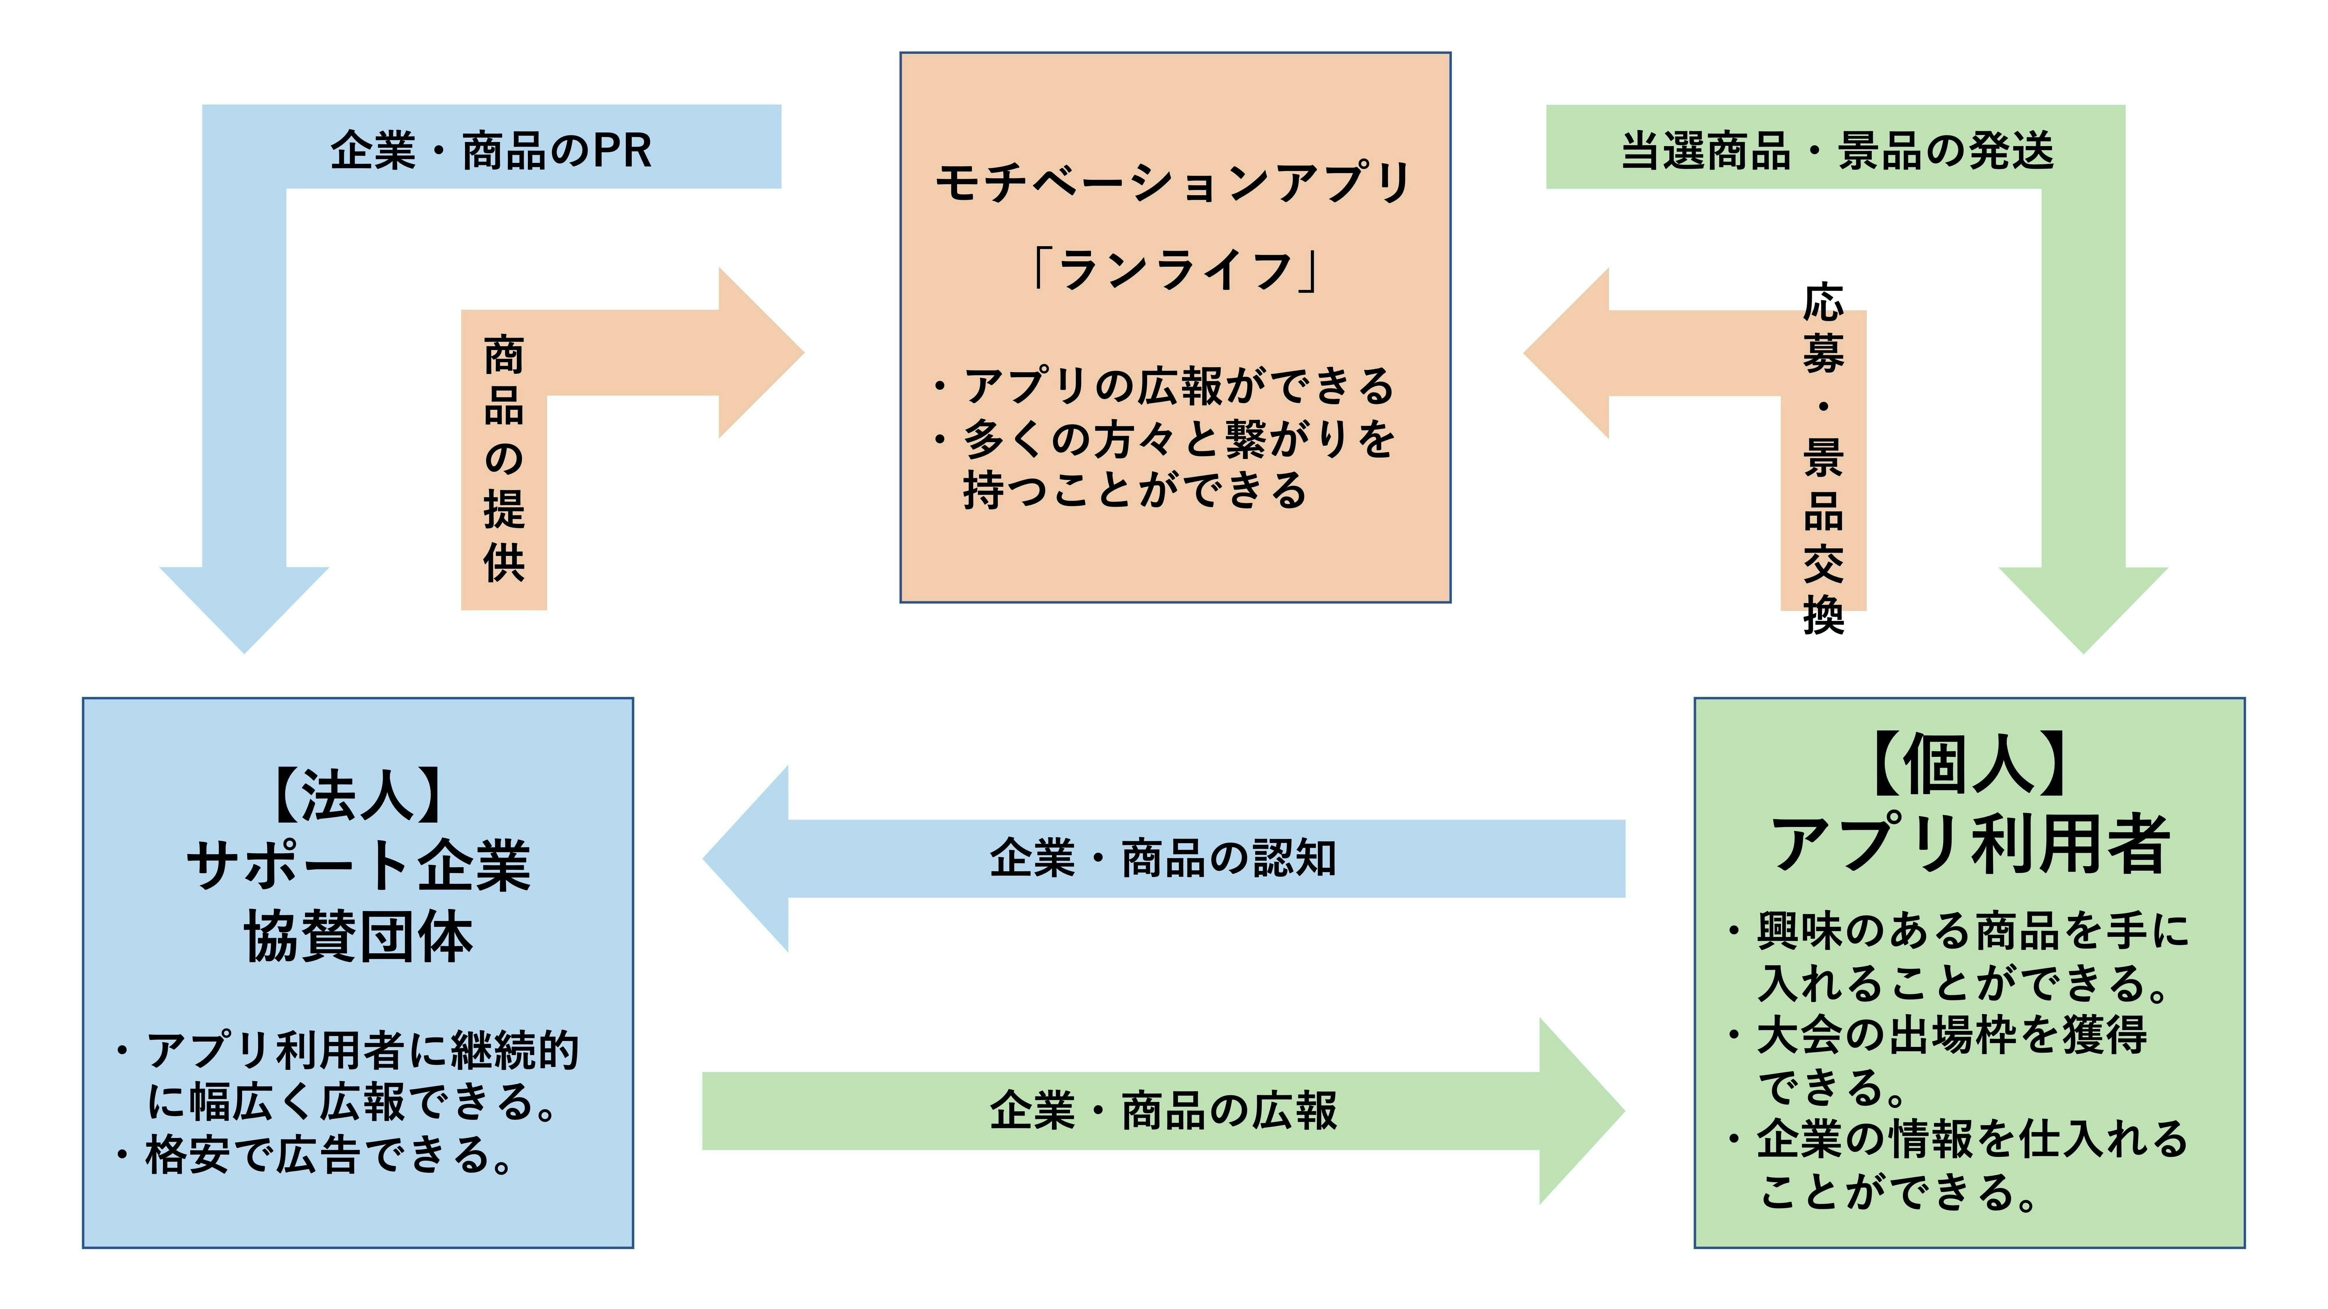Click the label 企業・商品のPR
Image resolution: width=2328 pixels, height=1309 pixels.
coord(491,150)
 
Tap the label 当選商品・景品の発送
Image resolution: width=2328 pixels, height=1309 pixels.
coord(1837,150)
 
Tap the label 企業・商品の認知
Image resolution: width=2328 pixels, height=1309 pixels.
coord(1163,858)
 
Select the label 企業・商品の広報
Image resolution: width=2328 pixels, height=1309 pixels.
coord(1163,1110)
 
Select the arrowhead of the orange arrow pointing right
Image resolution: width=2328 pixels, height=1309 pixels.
coord(759,352)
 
